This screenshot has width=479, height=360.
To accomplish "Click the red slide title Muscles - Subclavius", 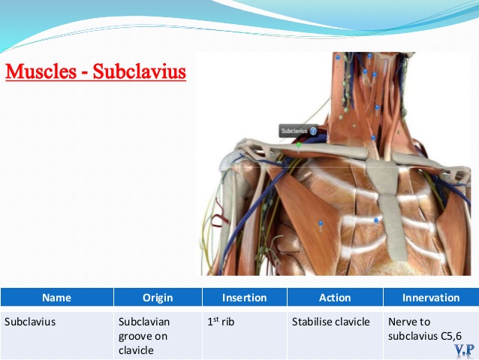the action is (95, 71).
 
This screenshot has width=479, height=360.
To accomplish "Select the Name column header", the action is (57, 298).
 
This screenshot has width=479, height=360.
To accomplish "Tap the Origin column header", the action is (158, 298).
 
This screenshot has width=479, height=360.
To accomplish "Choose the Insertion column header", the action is (245, 298).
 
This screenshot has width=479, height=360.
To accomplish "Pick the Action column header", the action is (335, 298).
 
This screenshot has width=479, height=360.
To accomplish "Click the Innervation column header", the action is (431, 298).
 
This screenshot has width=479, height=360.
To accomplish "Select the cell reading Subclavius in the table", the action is (30, 322).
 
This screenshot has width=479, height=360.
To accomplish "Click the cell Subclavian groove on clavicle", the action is (144, 336).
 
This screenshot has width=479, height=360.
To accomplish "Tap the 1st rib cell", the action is (221, 322).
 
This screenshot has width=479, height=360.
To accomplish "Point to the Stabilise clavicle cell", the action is (331, 322).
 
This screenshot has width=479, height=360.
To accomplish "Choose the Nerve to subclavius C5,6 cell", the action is (425, 328).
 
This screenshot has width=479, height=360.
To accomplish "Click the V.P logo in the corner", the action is (464, 349).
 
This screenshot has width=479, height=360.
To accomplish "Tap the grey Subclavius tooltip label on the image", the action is (299, 131).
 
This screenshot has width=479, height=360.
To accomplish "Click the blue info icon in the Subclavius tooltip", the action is (313, 132).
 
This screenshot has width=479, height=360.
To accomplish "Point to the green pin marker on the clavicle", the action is (299, 145).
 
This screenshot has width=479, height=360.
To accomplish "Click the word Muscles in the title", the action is (41, 71).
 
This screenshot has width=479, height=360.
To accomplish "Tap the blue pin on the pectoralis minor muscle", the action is (321, 225).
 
